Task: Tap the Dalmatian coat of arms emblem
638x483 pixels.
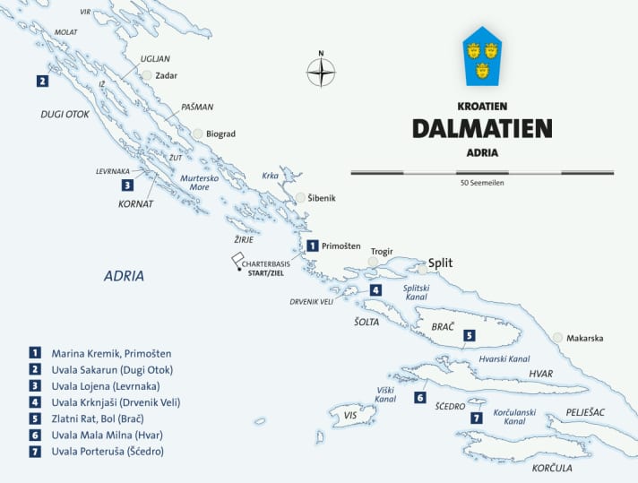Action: (x=482, y=59)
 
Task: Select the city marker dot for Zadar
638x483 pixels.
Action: (x=147, y=76)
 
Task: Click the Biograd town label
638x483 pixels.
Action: (x=220, y=134)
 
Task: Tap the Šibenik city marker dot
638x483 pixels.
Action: (x=300, y=198)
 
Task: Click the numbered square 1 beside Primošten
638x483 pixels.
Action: (x=311, y=245)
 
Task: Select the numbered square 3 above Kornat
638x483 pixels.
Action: (x=127, y=185)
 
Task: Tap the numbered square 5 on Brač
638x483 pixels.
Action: (x=469, y=335)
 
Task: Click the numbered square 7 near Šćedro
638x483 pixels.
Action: (x=476, y=418)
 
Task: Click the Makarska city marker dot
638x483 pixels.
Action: (x=558, y=338)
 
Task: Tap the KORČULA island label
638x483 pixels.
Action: (x=552, y=469)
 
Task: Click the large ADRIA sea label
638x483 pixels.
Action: (x=124, y=276)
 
